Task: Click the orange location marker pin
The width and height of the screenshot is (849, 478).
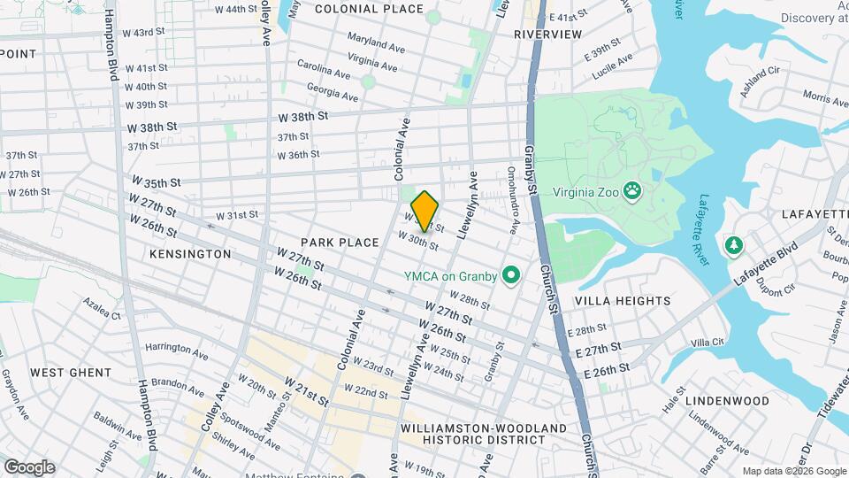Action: coord(424,211)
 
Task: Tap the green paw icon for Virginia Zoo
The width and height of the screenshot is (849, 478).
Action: coord(632,190)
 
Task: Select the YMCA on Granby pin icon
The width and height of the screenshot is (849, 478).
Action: coord(510,276)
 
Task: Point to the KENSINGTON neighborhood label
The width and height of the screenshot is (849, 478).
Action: coord(190,254)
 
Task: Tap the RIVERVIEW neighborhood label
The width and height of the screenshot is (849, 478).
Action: coord(547,35)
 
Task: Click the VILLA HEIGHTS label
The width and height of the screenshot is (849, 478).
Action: coord(623,301)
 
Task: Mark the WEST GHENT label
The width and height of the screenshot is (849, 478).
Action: coord(72,373)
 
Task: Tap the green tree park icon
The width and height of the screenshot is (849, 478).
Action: coord(733,244)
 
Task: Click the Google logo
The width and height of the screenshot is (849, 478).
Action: coord(29,467)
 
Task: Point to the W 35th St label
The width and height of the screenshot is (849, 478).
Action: coord(157,182)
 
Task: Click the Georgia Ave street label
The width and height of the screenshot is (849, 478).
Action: coord(333,91)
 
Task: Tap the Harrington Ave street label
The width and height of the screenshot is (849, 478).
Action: coord(177,352)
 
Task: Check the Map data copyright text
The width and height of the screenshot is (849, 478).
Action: coord(793,471)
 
